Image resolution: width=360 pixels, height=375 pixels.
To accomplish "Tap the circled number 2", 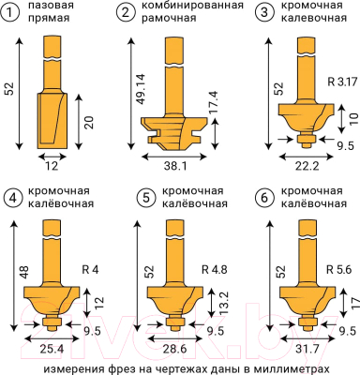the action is pos(126,13).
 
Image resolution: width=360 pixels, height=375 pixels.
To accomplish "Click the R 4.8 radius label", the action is pos(214,271).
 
